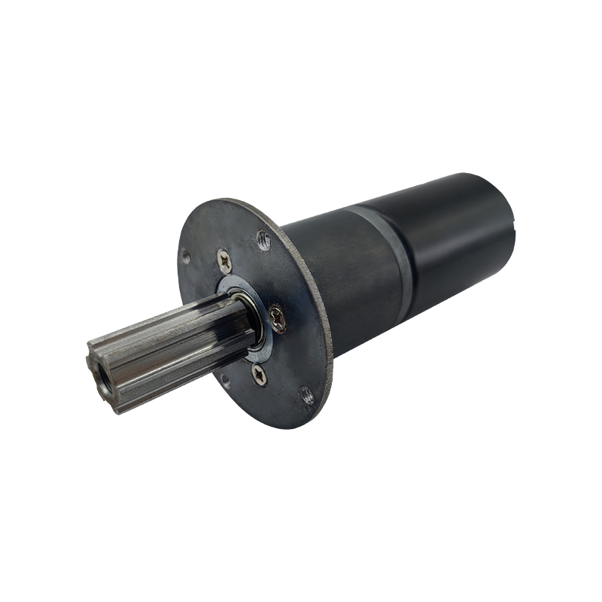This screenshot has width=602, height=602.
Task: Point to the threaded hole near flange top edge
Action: tap(263, 240)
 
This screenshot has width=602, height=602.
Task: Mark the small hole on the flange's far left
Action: tap(186, 257)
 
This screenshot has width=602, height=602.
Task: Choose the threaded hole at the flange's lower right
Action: tap(307, 391)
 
